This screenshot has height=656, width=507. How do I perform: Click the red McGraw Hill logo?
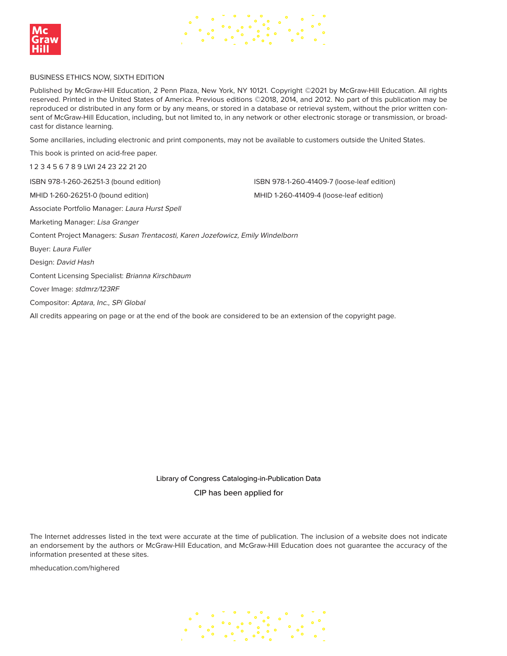(45, 39)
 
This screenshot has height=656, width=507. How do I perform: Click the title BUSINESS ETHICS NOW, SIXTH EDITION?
(97, 77)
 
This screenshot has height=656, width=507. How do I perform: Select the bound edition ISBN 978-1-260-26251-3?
(95, 181)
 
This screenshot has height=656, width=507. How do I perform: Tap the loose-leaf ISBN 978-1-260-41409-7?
(324, 181)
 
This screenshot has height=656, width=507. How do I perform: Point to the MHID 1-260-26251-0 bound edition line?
(89, 195)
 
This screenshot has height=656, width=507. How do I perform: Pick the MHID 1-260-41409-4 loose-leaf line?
(318, 195)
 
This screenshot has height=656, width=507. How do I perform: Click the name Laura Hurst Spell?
(153, 208)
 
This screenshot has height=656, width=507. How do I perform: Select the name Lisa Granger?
(118, 222)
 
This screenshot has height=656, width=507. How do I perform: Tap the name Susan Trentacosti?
(148, 235)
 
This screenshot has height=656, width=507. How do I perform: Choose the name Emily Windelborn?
(269, 235)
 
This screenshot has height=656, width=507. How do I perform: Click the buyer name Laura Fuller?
(72, 249)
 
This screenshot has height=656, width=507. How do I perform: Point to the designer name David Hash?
(75, 262)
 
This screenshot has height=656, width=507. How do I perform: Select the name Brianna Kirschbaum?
(158, 276)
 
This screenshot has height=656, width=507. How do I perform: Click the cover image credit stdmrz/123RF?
(98, 289)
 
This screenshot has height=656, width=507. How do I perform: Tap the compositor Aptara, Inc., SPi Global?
(108, 302)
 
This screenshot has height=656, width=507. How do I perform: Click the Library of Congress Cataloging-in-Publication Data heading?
(238, 478)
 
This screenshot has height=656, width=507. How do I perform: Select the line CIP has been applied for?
(238, 493)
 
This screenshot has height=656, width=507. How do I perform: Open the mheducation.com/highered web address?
(75, 568)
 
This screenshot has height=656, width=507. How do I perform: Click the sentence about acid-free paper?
(93, 153)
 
